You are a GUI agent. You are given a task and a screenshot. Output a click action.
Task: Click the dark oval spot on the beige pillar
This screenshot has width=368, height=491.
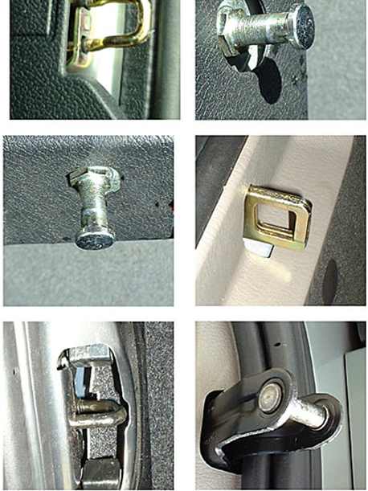pos(330,281)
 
